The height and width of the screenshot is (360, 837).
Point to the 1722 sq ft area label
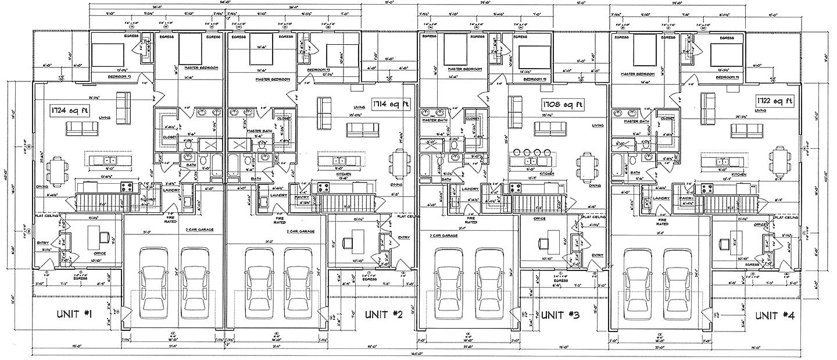774,101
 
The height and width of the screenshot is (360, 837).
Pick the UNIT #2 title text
384,315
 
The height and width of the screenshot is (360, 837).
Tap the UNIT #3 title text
560,315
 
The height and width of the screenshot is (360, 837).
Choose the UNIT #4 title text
774,315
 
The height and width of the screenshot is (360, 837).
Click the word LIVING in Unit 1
105,117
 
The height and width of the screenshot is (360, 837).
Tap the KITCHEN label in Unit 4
739,174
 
